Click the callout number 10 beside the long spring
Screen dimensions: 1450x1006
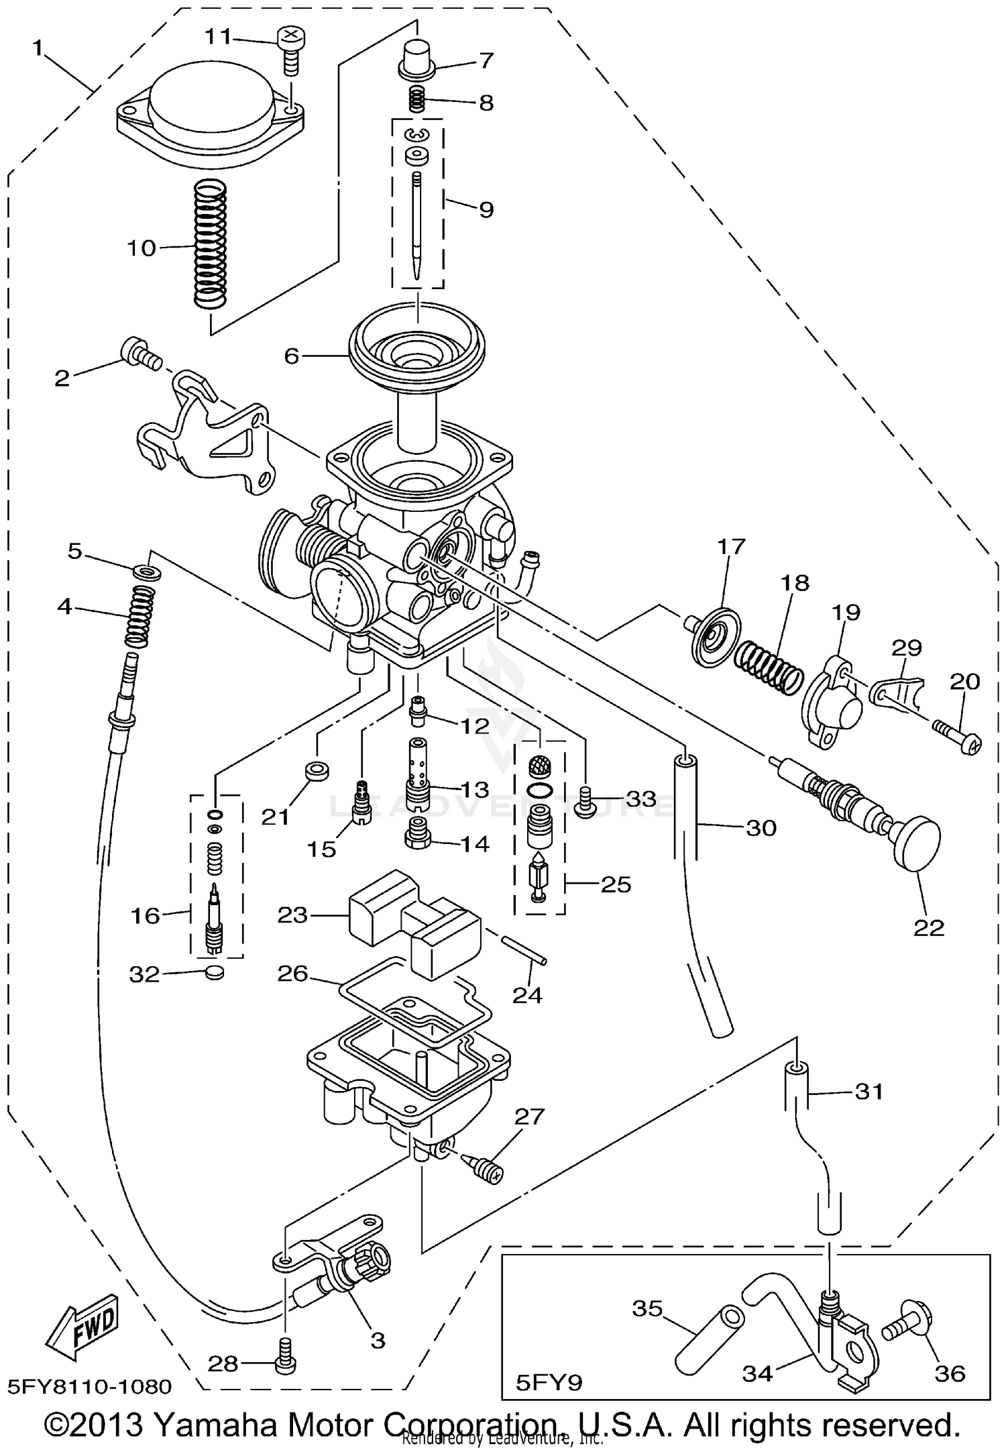pos(142,248)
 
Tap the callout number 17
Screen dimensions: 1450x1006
pos(731,547)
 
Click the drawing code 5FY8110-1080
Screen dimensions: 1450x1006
pos(90,1386)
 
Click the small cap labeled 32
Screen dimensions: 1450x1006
pos(214,972)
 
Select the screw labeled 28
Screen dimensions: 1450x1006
pos(284,1361)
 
